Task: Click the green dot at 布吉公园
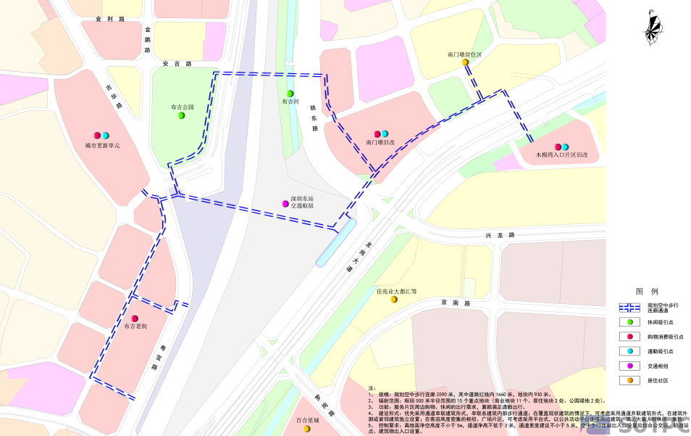click(x=182, y=115)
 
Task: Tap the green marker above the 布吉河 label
click(x=290, y=94)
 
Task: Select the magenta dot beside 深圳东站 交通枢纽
click(x=285, y=203)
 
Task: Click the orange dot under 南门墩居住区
click(x=465, y=63)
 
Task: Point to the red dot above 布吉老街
click(x=135, y=318)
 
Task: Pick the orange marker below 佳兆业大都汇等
click(x=394, y=300)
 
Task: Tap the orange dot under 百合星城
click(x=306, y=429)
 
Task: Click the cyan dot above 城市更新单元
click(x=106, y=136)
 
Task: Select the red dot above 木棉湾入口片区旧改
click(x=558, y=147)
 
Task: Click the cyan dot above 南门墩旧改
click(x=385, y=133)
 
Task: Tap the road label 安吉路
click(x=177, y=64)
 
